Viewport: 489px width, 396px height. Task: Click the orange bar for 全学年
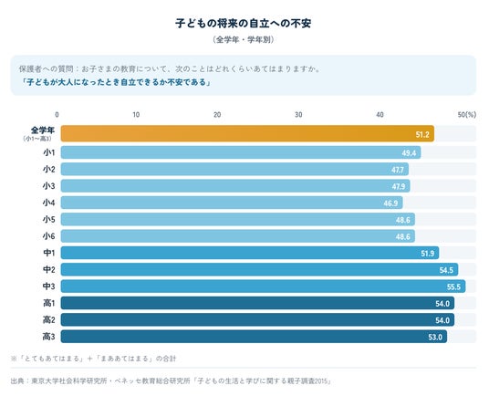[x=247, y=133]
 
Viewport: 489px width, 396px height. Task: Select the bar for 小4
[x=232, y=203]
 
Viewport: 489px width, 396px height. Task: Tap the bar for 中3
[x=264, y=287]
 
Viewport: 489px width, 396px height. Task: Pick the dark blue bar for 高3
[x=254, y=337]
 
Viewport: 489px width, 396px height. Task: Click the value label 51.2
[x=422, y=135]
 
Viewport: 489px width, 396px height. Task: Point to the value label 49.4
[x=409, y=153]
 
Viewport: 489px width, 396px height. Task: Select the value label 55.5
[x=453, y=287]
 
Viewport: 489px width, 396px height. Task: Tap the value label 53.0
[x=435, y=337]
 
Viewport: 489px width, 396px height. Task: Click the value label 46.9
[x=390, y=203]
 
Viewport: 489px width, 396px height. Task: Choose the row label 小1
[x=49, y=152]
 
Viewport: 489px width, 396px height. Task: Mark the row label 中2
[x=49, y=269]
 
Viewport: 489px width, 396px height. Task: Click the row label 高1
[x=48, y=303]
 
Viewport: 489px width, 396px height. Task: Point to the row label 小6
[x=49, y=236]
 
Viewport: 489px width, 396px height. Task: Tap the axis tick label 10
[x=136, y=115]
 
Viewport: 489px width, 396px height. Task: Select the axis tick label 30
[x=298, y=115]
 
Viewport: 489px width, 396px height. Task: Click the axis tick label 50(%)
[x=467, y=115]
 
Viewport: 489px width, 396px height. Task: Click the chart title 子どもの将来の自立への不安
[x=244, y=24]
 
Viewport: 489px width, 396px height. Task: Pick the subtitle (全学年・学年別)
[x=244, y=39]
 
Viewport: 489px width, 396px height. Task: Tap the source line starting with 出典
[x=171, y=381]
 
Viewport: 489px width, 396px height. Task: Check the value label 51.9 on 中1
[x=427, y=254]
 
